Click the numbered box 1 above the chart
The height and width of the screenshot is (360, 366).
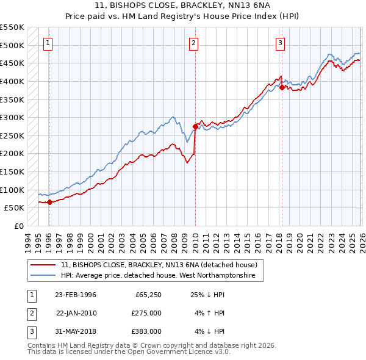(48, 43)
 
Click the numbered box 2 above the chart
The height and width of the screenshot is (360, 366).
(193, 43)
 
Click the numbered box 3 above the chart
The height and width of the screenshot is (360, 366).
(280, 43)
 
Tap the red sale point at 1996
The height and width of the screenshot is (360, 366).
(49, 203)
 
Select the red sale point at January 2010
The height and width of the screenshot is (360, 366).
(195, 127)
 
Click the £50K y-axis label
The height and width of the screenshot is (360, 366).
(14, 207)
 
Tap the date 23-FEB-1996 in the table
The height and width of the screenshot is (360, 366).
(76, 295)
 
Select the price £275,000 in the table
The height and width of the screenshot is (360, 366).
(146, 313)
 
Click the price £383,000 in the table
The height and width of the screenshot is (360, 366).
(146, 331)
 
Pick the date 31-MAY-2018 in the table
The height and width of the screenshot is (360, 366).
(76, 331)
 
